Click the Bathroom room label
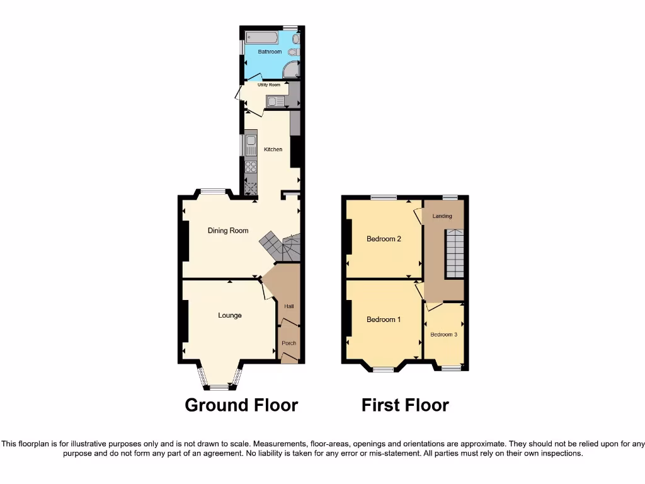[x=270, y=52]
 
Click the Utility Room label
[x=269, y=84]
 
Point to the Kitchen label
[x=273, y=149]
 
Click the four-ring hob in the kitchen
[x=251, y=167]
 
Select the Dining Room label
[x=228, y=231]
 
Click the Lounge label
[x=230, y=315]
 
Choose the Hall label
[x=288, y=306]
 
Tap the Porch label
[x=288, y=343]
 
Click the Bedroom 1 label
[x=384, y=320]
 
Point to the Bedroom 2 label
[x=384, y=239]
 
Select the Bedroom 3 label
[x=443, y=335]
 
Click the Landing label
[x=442, y=216]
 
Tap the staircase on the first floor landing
[x=455, y=253]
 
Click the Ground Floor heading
[x=241, y=405]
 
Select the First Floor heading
[x=405, y=405]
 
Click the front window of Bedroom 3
[x=450, y=367]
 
